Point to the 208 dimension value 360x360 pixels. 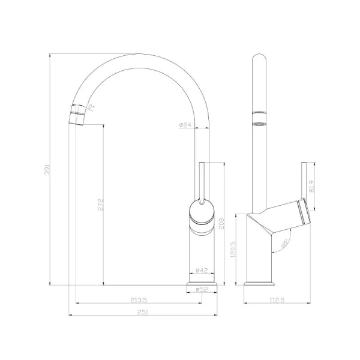[221, 224]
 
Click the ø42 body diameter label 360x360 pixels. [201, 271]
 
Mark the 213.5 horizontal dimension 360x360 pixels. [139, 300]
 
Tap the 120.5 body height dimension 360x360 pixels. [239, 248]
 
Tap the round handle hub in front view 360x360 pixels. [201, 211]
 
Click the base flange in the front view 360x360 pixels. [201, 283]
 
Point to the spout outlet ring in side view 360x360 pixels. [259, 118]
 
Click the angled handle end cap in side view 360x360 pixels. [305, 213]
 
